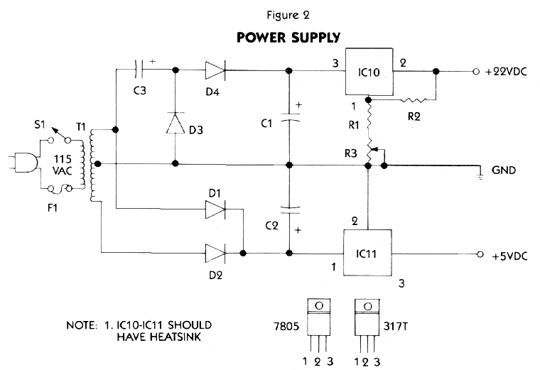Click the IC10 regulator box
pos(370,72)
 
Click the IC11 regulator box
pos(369,253)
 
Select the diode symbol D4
pos(215,70)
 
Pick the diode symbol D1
pos(215,210)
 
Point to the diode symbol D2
pos(215,252)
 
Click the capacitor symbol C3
pos(141,70)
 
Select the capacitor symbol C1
pos(288,121)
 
